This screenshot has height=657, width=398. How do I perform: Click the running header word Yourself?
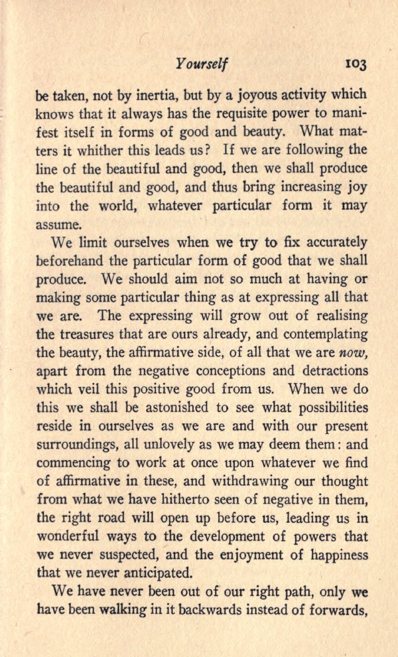pos(202,64)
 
